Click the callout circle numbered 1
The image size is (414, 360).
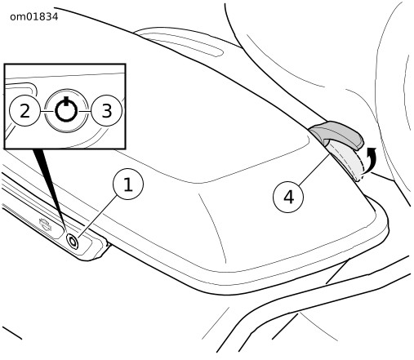pyautogui.click(x=128, y=184)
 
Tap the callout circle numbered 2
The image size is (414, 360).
pyautogui.click(x=24, y=111)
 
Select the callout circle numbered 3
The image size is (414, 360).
pyautogui.click(x=106, y=111)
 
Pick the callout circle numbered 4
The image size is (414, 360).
pyautogui.click(x=288, y=197)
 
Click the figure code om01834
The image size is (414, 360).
pyautogui.click(x=34, y=17)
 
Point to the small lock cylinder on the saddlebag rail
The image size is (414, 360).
pyautogui.click(x=73, y=242)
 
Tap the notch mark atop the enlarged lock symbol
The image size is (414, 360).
pyautogui.click(x=66, y=100)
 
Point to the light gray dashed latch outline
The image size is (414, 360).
pyautogui.click(x=347, y=161)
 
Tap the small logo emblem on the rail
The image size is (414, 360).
pyautogui.click(x=45, y=224)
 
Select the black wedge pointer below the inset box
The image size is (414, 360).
pyautogui.click(x=49, y=188)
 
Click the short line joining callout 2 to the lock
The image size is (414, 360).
pyautogui.click(x=47, y=111)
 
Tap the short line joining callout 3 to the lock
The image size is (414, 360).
pyautogui.click(x=84, y=111)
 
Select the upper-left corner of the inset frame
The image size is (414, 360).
pyautogui.click(x=4, y=64)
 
